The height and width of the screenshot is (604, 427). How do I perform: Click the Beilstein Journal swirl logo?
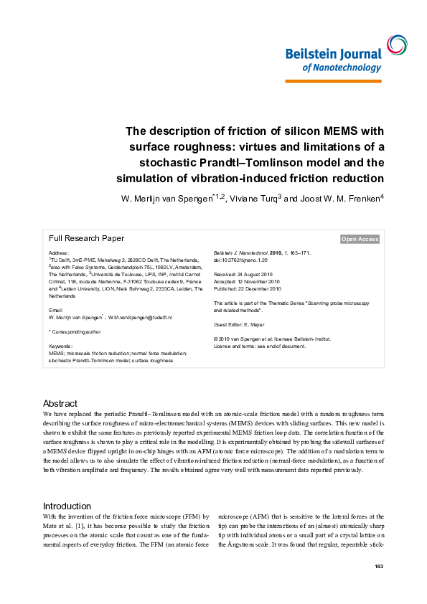395,45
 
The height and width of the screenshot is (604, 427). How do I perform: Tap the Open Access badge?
360,239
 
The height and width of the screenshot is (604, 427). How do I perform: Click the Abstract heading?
60,404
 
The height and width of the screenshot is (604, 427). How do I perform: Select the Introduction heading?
67,506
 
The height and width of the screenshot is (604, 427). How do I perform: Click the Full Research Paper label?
86,238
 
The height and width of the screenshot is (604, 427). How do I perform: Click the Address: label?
60,253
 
